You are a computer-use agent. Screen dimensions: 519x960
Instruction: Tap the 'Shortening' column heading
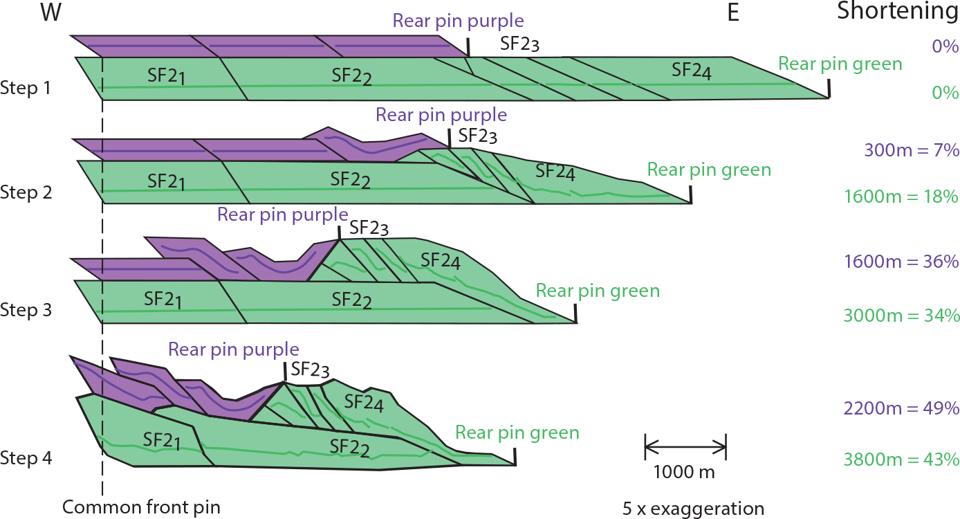(897, 12)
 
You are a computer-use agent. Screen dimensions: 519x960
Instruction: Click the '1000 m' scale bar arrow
(685, 446)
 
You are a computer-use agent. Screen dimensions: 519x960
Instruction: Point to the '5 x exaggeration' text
(693, 509)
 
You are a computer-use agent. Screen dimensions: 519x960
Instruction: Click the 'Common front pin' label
(141, 507)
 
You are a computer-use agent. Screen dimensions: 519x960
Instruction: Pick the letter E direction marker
(733, 13)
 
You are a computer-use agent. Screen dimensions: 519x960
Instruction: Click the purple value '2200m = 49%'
(901, 408)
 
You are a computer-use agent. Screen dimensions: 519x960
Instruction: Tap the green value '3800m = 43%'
(901, 459)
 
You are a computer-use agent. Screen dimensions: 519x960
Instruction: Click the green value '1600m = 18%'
(901, 197)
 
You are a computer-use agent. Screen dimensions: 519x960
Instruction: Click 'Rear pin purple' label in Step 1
(458, 21)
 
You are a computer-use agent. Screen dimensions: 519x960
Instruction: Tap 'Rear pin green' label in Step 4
(517, 433)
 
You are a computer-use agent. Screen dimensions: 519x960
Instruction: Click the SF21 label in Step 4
(162, 439)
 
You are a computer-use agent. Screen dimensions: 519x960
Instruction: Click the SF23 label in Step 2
(477, 135)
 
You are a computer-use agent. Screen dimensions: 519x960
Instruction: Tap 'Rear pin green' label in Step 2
(709, 170)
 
